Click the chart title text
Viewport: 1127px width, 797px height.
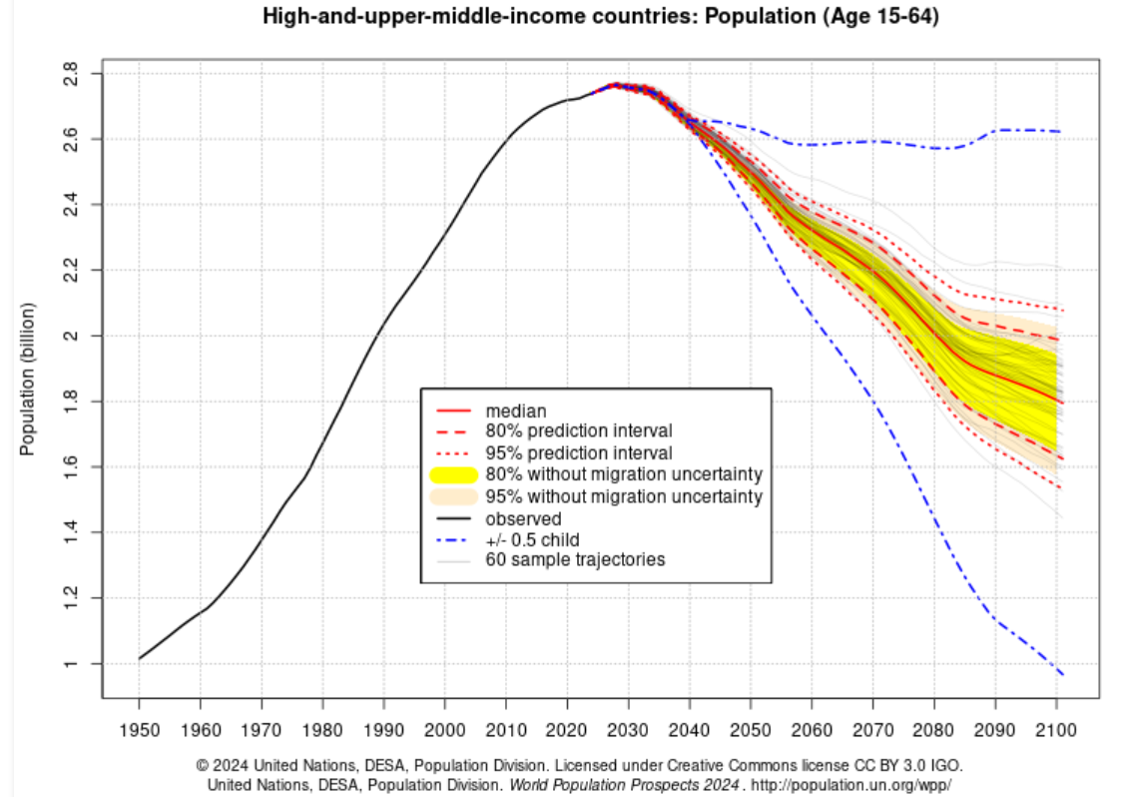pos(600,17)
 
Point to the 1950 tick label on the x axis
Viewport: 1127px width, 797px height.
pos(140,730)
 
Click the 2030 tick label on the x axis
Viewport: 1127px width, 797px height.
pos(628,730)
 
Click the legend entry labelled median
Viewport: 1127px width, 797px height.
pos(515,410)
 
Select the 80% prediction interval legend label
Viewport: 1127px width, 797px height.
pos(578,431)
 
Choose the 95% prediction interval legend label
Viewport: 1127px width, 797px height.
pos(578,453)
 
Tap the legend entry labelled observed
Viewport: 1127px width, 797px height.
pos(523,518)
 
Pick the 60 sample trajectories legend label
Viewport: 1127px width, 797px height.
pos(575,559)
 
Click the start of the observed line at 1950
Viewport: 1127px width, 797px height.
pos(140,658)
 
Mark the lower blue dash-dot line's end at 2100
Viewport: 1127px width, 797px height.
pos(1062,675)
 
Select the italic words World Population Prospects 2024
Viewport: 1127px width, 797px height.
pos(624,785)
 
